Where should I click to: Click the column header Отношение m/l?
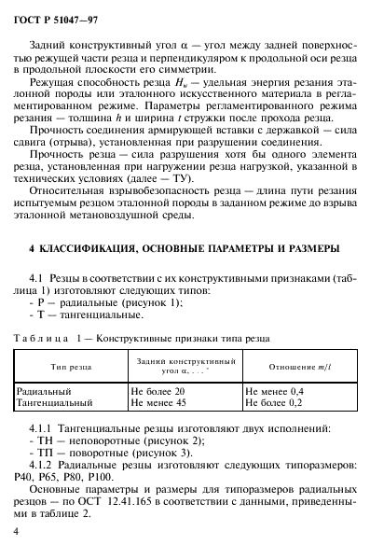click(295, 365)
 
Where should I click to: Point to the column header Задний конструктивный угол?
click(184, 365)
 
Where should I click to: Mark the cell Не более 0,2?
click(273, 403)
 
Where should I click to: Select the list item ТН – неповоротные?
click(93, 438)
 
